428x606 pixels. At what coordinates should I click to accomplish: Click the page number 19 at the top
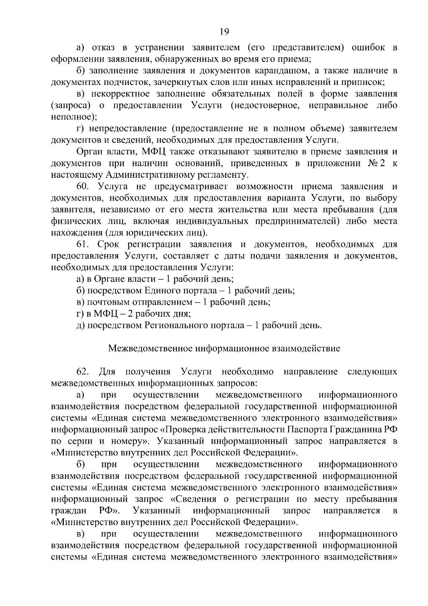coord(224,32)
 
